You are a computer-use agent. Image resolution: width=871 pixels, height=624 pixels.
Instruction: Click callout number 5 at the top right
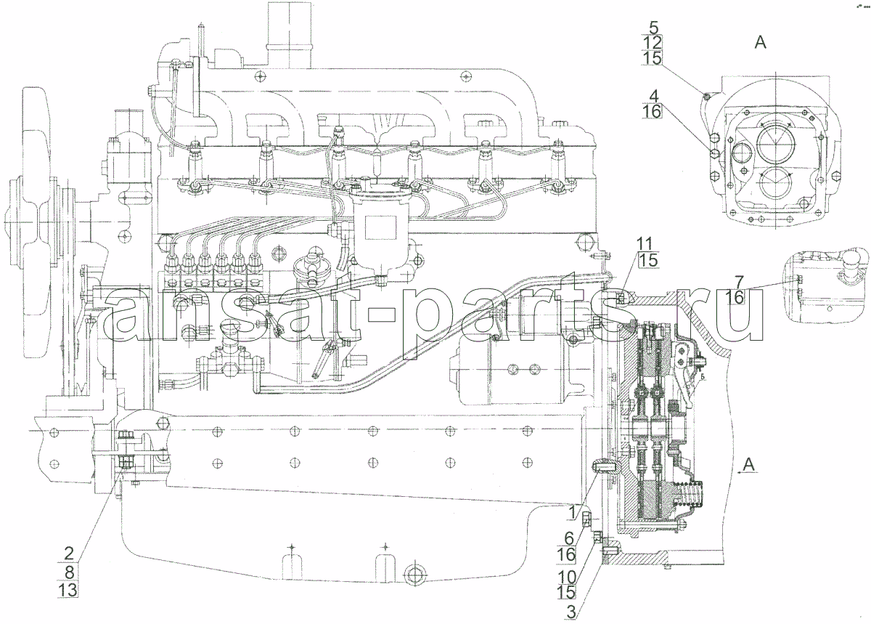pyautogui.click(x=654, y=28)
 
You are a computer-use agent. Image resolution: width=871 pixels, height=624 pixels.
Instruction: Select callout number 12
pyautogui.click(x=653, y=43)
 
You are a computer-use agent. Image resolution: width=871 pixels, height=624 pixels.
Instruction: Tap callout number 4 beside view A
pyautogui.click(x=654, y=96)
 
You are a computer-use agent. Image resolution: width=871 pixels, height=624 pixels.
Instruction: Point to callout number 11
pyautogui.click(x=644, y=244)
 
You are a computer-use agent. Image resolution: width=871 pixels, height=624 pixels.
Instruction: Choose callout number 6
pyautogui.click(x=569, y=539)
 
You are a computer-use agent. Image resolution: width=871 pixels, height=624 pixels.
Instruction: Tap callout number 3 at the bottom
pyautogui.click(x=571, y=612)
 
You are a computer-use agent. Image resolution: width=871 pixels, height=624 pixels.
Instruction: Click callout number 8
pyautogui.click(x=69, y=572)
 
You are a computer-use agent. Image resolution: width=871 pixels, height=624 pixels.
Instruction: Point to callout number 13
pyautogui.click(x=68, y=590)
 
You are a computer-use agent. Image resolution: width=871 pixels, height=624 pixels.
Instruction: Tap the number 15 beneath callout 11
pyautogui.click(x=647, y=260)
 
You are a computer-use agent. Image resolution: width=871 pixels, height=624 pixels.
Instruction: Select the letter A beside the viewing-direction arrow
pyautogui.click(x=749, y=465)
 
